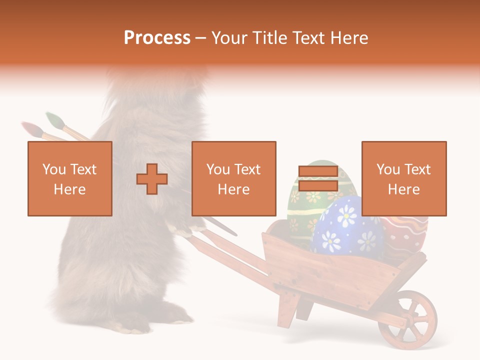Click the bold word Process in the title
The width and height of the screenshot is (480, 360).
157,38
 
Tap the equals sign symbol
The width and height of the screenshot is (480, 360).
318,179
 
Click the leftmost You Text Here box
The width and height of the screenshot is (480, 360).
70,178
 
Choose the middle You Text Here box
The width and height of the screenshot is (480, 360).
234,178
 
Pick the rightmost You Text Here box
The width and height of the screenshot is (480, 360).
404,178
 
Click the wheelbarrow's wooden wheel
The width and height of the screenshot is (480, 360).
407,319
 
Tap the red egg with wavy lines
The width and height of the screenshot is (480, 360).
405,235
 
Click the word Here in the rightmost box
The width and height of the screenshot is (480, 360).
404,189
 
